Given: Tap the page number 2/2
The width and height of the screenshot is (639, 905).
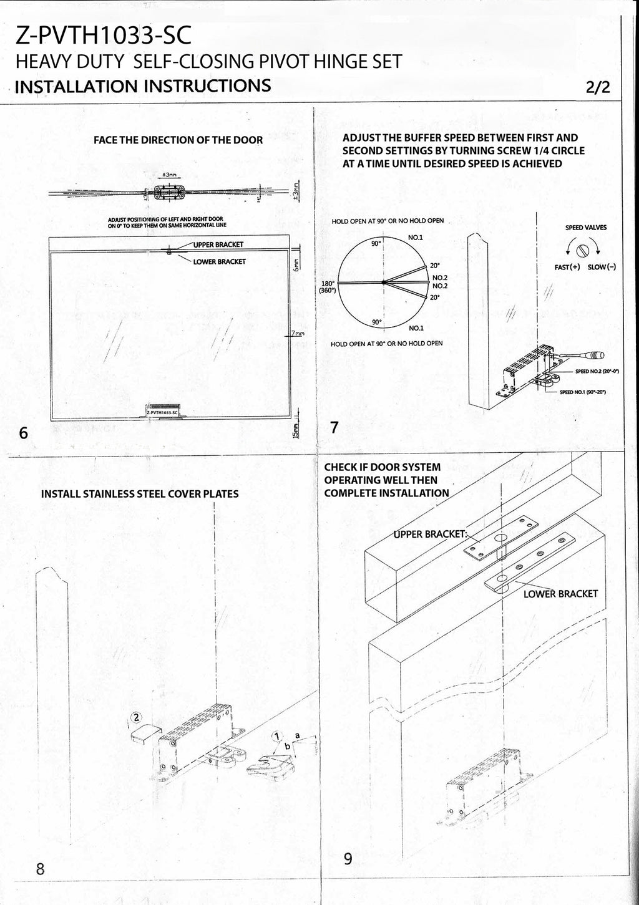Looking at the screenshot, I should (597, 87).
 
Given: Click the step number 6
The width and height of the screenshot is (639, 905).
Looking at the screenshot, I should (23, 433).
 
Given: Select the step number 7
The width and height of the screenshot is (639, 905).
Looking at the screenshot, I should (334, 428).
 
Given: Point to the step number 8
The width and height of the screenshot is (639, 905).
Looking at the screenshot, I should (40, 868).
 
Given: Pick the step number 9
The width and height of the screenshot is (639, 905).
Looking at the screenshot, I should (348, 859).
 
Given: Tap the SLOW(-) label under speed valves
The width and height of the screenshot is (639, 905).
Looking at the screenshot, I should (602, 267).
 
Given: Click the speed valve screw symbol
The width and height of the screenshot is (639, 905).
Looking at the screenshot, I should (583, 251).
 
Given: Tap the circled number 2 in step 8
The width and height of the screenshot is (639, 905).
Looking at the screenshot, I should (137, 717).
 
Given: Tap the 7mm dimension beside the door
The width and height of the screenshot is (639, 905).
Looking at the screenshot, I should (296, 334).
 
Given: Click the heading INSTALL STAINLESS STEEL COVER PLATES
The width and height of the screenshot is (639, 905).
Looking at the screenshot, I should (139, 494).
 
